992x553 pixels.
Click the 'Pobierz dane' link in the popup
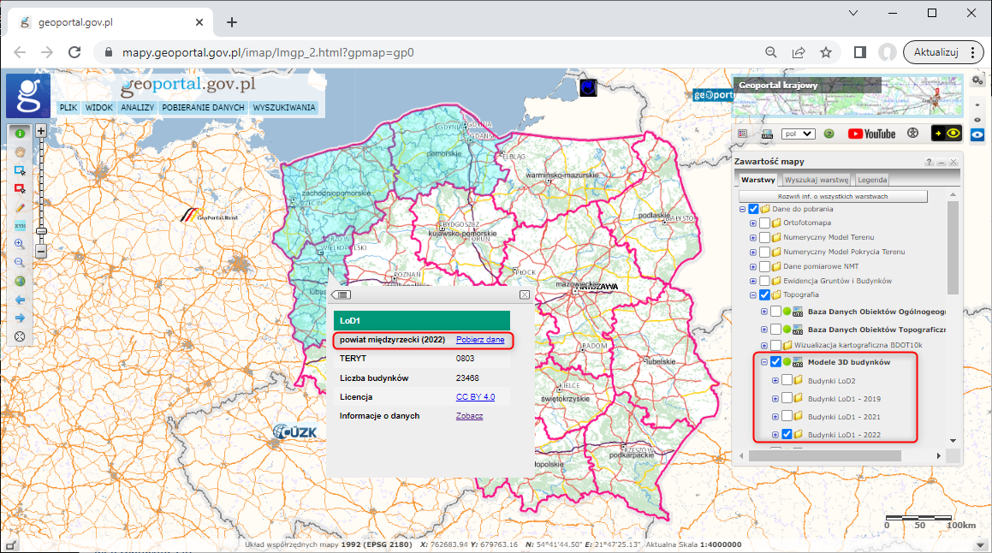pos(480,340)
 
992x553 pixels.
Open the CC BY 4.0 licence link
pos(475,397)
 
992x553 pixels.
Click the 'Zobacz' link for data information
pos(469,416)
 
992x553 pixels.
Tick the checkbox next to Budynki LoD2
pos(787,380)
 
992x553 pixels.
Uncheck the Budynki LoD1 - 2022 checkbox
pos(787,435)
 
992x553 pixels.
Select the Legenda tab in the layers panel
pos(872,180)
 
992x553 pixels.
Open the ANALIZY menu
pos(137,108)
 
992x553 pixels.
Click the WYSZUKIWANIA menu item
pos(284,108)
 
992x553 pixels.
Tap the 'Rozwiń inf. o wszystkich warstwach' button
pos(832,197)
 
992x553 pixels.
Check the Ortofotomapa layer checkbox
pos(764,223)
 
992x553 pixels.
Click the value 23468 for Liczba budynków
pos(467,378)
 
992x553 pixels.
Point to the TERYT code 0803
pos(465,359)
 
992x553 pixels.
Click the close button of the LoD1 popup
pos(525,294)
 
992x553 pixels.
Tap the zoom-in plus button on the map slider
pos(40,131)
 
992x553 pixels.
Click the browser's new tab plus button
pos(231,22)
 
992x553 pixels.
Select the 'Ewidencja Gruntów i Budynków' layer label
pos(837,281)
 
